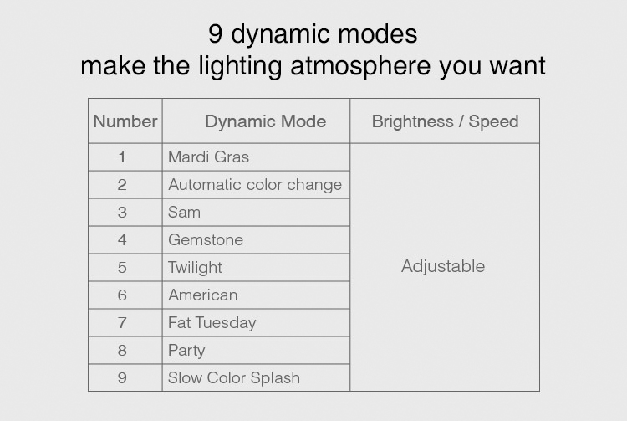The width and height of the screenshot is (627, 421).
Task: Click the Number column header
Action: tap(125, 121)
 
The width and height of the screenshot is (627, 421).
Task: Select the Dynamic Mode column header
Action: tap(266, 121)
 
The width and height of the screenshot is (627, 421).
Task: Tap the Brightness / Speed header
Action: tap(445, 121)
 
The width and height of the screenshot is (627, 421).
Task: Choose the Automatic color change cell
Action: tap(255, 184)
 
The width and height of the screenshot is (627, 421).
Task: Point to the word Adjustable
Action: tap(443, 266)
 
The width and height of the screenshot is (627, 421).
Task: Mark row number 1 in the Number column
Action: tap(122, 157)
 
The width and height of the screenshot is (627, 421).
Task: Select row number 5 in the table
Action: tap(122, 268)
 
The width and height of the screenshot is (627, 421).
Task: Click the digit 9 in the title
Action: tap(215, 33)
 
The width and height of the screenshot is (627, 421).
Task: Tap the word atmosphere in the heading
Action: tap(360, 65)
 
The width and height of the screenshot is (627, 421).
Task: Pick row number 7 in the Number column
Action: tap(122, 323)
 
